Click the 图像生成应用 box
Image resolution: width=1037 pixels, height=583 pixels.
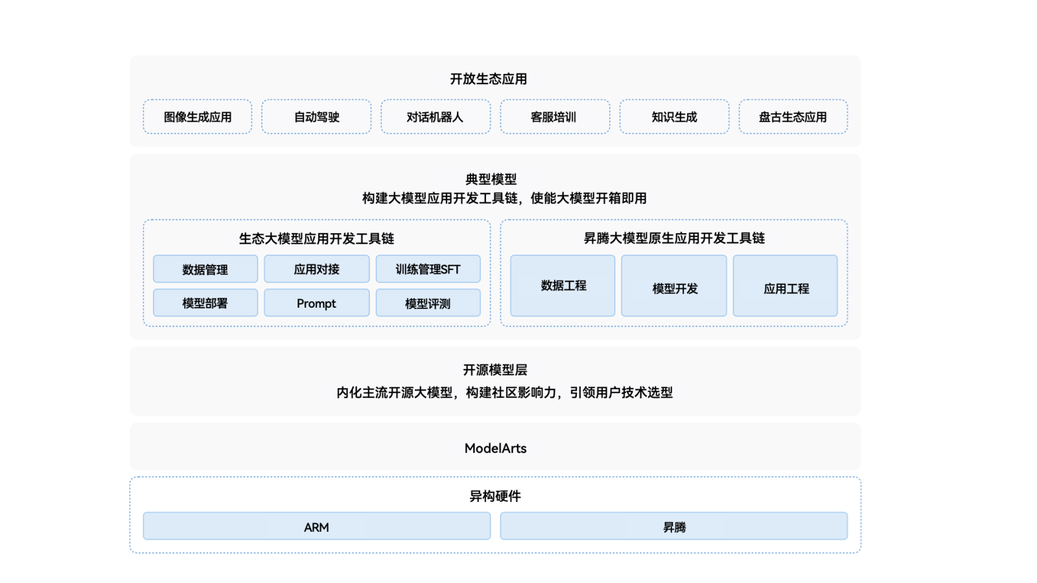[198, 117]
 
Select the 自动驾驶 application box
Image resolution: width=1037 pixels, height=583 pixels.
[316, 117]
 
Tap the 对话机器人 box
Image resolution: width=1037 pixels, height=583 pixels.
[436, 117]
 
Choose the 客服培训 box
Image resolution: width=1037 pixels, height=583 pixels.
[555, 117]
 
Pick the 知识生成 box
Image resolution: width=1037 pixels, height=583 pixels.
[674, 117]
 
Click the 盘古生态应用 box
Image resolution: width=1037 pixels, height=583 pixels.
[793, 117]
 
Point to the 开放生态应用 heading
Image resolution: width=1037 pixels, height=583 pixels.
[489, 79]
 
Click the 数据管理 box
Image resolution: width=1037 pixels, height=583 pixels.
[205, 269]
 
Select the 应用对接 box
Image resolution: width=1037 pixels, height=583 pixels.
[317, 269]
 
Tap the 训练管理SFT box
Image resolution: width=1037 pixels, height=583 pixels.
[428, 269]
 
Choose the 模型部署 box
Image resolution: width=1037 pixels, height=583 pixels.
[205, 303]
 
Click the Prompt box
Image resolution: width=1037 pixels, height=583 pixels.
[317, 303]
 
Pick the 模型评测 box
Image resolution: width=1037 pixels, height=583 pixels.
[428, 303]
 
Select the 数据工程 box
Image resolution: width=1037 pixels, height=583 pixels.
[563, 286]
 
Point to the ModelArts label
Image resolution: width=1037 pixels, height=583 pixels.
[496, 448]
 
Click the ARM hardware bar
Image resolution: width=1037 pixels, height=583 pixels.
[317, 526]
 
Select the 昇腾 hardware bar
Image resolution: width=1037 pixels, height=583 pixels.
[674, 526]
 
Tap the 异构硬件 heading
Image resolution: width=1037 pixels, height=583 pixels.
[496, 496]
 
